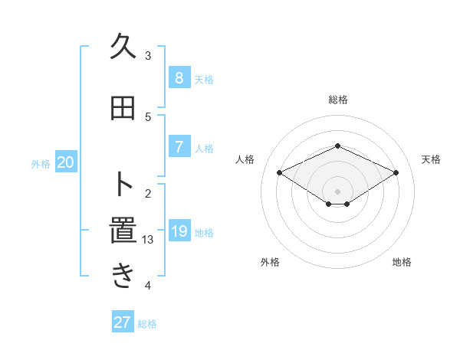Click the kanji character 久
pos(123,47)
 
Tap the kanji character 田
pos(123,110)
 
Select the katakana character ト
pos(123,185)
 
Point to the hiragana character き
pos(123,277)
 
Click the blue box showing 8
pos(179,78)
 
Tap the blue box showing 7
pos(179,147)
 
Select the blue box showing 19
pos(179,232)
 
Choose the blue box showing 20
pos(66,162)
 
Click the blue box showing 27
pos(123,322)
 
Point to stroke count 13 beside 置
pos(148,240)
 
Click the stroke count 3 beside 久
pos(148,56)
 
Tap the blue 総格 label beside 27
pos(147,324)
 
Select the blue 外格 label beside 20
pos(41,163)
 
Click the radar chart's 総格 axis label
pos(338,100)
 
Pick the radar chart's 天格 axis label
pos(432,159)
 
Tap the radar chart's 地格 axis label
pos(402,262)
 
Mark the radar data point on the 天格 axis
pos(396,172)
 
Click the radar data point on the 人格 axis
pos(280,172)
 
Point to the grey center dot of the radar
pos(337,191)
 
